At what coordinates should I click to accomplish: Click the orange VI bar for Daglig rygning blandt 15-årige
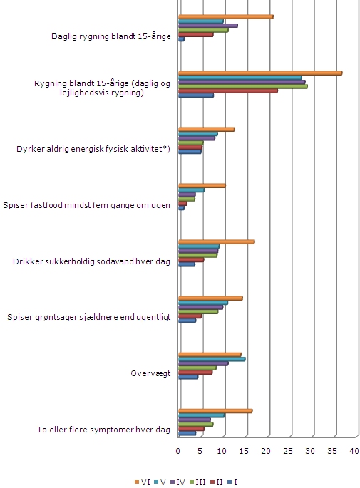coord(226,17)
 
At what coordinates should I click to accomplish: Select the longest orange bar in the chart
coord(260,73)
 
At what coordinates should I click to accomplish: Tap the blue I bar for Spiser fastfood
coord(181,208)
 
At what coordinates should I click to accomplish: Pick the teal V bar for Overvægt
coord(212,359)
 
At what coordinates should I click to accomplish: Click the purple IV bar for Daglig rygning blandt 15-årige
coord(208,26)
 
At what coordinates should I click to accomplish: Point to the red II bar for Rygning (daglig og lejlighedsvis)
coord(228,91)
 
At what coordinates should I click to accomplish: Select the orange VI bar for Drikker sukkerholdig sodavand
coord(217,242)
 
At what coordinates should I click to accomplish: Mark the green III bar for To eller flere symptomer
coord(196,424)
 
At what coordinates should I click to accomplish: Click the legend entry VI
coord(143,482)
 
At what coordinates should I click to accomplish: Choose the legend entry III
coord(197,482)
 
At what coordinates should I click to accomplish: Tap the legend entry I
coord(232,482)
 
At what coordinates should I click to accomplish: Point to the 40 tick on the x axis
coord(354,451)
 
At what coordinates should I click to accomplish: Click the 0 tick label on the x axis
coord(178,451)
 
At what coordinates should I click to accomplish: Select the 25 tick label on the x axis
coord(288,451)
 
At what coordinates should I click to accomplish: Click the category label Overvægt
coord(150,373)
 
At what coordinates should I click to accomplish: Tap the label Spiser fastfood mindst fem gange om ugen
coord(86,205)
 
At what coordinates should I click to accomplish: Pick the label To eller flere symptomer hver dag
coord(103,430)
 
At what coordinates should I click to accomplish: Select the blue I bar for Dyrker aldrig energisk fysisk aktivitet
coord(190,152)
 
